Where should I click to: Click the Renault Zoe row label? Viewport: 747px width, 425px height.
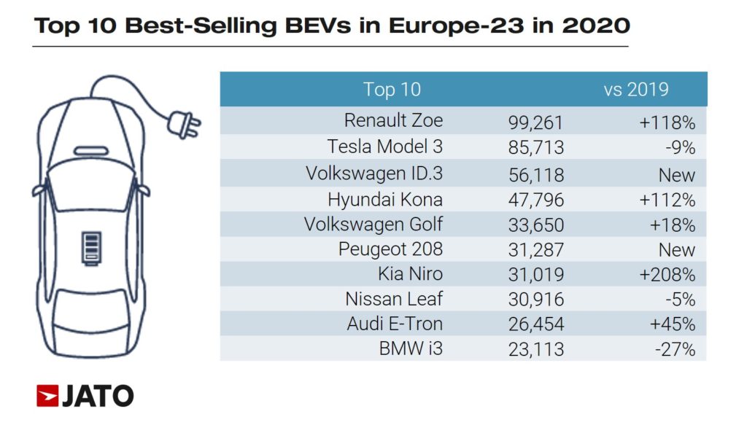393,120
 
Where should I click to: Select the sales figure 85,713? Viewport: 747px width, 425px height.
536,147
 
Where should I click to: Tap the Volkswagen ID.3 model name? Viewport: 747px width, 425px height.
374,173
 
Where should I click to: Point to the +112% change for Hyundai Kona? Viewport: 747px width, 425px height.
667,200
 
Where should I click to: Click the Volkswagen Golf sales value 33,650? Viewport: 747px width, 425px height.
536,225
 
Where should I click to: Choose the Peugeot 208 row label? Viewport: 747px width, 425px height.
390,249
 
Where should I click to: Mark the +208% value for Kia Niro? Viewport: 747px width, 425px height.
667,275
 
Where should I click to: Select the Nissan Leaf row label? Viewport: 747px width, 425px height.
395,299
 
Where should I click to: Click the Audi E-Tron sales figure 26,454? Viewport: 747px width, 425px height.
536,324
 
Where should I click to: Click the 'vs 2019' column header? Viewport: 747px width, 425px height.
635,90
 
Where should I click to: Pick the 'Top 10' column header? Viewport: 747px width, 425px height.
392,90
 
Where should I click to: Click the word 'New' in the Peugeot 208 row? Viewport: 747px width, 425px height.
677,250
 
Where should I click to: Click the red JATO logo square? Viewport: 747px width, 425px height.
47,396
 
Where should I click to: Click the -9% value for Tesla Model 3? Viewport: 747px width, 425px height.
680,147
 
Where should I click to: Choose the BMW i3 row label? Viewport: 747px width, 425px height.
411,349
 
